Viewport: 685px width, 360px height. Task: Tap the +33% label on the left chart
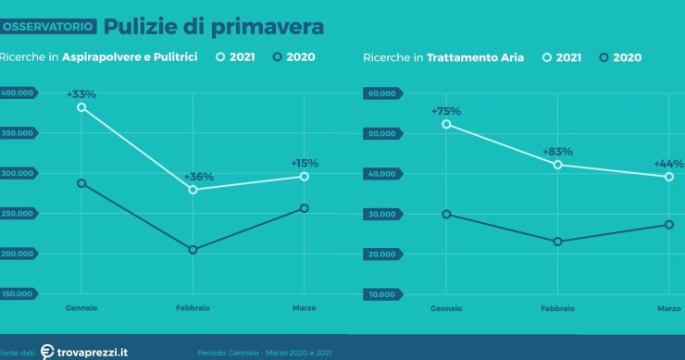(81, 94)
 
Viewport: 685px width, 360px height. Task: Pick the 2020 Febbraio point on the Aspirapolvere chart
(193, 250)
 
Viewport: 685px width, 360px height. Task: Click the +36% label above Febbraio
(199, 176)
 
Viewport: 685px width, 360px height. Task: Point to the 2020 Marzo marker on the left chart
(305, 208)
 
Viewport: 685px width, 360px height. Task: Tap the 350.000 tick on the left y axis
(18, 133)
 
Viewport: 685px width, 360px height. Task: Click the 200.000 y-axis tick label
(18, 254)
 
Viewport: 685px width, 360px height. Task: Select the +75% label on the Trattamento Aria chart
(445, 111)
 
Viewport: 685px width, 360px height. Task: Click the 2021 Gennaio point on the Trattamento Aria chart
(447, 124)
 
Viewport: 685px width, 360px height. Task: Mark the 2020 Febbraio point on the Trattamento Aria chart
(557, 242)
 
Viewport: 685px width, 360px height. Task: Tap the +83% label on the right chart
(558, 152)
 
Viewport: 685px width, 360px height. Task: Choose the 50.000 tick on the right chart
(381, 133)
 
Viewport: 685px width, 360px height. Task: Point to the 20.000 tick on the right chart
(381, 254)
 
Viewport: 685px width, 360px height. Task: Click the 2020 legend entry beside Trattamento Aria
(620, 57)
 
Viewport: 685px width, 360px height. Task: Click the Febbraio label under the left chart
(193, 307)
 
